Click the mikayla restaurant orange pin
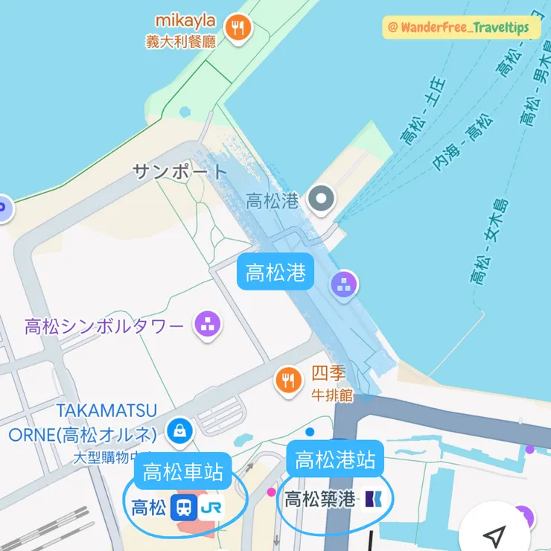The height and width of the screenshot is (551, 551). (x=238, y=28)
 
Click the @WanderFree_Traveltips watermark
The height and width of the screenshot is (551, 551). (x=459, y=28)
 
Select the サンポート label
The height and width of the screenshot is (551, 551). (x=179, y=172)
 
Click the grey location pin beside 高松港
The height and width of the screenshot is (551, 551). (x=322, y=199)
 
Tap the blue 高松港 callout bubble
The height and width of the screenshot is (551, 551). (x=275, y=273)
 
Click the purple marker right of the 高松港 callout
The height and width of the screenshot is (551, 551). (x=344, y=283)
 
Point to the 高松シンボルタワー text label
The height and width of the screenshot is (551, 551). (x=104, y=326)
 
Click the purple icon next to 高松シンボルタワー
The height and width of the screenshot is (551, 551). (x=208, y=324)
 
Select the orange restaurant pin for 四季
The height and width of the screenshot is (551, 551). (x=287, y=379)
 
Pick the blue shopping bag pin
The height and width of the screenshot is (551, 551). (x=179, y=429)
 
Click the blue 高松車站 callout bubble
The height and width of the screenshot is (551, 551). (x=183, y=471)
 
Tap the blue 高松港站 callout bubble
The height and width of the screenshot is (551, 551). (x=334, y=459)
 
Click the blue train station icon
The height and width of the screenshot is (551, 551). (x=182, y=508)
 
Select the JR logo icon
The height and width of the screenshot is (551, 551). (x=211, y=508)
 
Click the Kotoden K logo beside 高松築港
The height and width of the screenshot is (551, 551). (x=372, y=499)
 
